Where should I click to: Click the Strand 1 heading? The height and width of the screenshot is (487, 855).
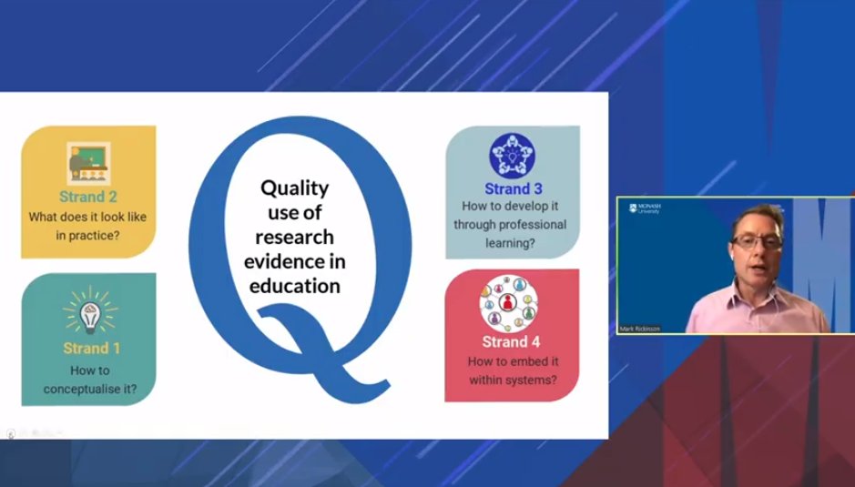(x=91, y=348)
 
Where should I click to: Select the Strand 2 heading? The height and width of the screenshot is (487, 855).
(x=88, y=196)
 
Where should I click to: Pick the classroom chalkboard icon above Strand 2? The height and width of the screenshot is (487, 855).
(x=88, y=164)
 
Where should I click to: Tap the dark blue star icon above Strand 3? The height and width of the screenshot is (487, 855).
(x=512, y=156)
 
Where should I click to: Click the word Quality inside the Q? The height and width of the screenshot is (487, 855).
(x=294, y=189)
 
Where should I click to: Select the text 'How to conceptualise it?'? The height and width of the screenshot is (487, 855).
(x=88, y=380)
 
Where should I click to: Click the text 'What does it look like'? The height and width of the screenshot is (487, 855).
(x=87, y=217)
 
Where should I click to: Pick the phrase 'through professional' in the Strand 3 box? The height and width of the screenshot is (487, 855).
(x=510, y=224)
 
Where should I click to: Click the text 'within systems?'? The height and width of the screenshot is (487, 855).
(x=512, y=379)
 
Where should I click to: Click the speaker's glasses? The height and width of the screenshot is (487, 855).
(x=758, y=242)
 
